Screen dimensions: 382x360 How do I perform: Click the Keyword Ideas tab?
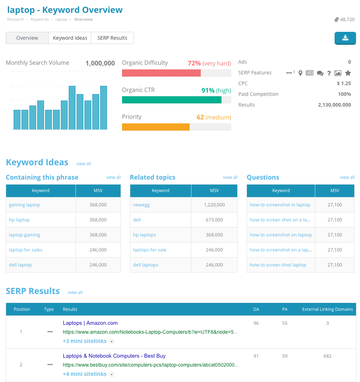(x=70, y=38)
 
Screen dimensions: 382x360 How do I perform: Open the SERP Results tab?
(x=112, y=38)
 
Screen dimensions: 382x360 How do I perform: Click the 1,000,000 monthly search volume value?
(x=100, y=63)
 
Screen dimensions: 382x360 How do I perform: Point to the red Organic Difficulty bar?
(x=161, y=73)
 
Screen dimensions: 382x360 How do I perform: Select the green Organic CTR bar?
(x=172, y=100)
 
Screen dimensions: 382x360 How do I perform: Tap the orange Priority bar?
(x=156, y=127)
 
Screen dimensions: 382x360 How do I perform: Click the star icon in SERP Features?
(x=348, y=73)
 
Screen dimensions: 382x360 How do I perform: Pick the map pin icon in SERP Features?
(x=300, y=73)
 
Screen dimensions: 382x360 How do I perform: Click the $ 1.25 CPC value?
(x=344, y=83)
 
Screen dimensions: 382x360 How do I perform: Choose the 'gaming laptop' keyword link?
(x=24, y=205)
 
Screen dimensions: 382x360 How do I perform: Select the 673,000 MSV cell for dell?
(x=214, y=220)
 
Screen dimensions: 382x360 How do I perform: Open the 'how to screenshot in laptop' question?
(x=280, y=205)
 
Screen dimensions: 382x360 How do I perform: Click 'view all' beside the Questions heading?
(x=347, y=177)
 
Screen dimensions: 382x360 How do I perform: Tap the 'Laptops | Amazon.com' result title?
(x=90, y=323)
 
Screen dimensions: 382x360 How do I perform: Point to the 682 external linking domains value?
(x=327, y=356)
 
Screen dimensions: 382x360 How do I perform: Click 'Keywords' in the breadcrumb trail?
(x=40, y=19)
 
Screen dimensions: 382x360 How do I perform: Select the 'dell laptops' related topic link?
(x=146, y=265)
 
